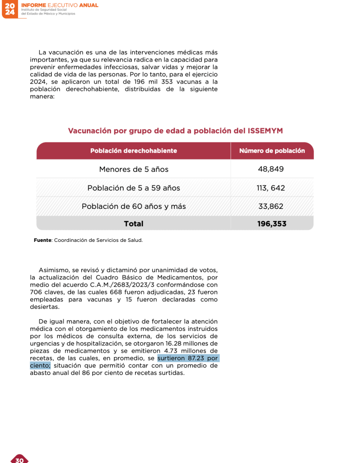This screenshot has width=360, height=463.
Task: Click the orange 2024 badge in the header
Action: point(9,9)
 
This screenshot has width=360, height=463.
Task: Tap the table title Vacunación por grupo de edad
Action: point(175,131)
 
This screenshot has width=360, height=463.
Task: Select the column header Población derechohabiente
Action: point(134,151)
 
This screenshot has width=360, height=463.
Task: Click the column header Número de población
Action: point(272,151)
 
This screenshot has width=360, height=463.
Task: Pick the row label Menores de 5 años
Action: point(134,170)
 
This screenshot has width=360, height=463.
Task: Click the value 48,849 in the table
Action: point(271,170)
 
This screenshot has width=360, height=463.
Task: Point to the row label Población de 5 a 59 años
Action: point(134,188)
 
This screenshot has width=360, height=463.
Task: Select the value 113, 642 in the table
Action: point(271,188)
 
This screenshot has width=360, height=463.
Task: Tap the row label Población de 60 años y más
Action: point(134,207)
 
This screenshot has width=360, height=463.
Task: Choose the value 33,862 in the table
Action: point(271,207)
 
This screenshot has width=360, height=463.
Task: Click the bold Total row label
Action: point(134,224)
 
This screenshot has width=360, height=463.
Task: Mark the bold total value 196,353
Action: point(272,224)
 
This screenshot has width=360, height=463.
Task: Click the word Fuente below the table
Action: point(43,240)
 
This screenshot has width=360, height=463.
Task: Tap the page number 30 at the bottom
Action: point(19,459)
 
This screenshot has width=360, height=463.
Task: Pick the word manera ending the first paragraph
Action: point(42,96)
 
